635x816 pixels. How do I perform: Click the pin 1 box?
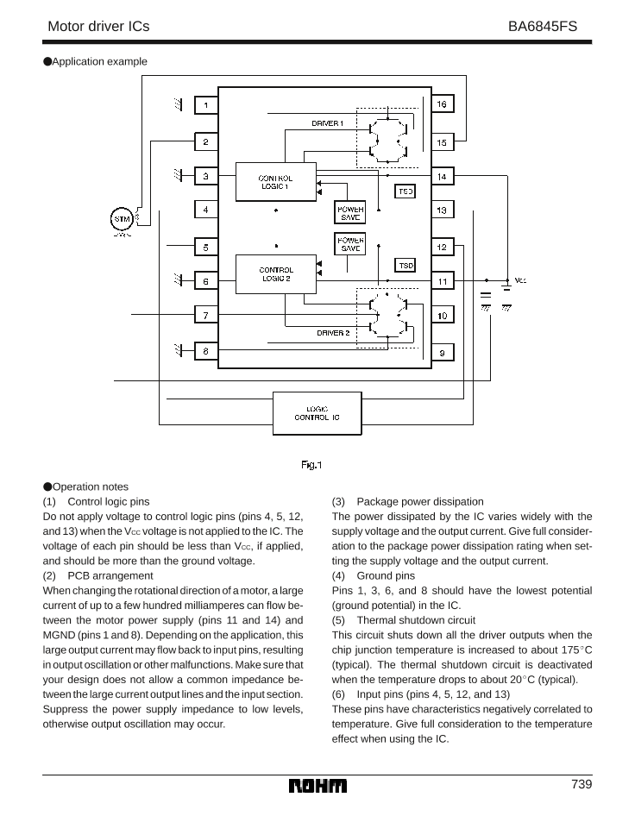point(206,105)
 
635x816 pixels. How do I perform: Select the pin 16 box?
point(442,104)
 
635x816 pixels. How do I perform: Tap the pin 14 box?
point(442,176)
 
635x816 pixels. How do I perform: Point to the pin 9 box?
point(442,353)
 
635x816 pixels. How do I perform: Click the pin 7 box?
point(206,316)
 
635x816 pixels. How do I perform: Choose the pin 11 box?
point(442,281)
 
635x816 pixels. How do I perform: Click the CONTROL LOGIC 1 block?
point(275,181)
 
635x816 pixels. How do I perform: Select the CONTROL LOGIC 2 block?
point(275,274)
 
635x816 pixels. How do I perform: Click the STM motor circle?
point(122,219)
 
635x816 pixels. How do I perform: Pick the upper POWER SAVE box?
point(349,212)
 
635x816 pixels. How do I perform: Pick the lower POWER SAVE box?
point(349,244)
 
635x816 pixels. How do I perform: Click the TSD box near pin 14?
point(405,192)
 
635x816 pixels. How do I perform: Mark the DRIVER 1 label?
point(328,123)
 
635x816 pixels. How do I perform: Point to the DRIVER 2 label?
point(332,332)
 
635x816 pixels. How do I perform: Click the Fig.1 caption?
point(311,466)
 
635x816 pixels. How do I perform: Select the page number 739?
point(581,784)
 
